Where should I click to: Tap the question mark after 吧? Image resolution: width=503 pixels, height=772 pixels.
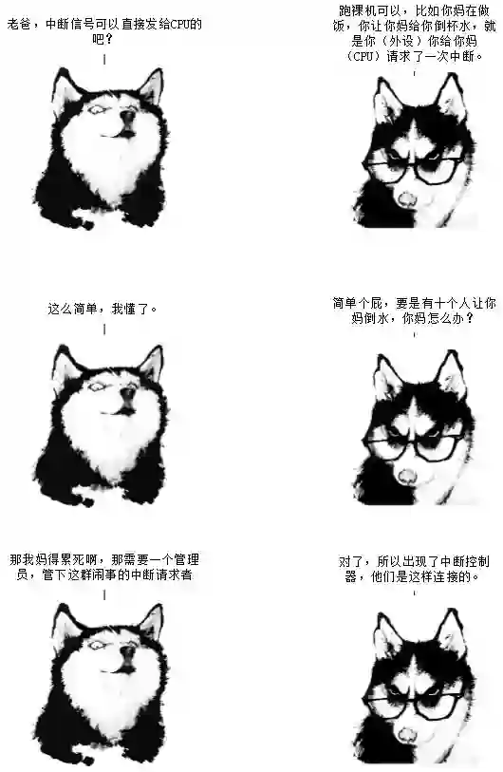[110, 39]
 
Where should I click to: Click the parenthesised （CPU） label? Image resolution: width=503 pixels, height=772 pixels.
[364, 56]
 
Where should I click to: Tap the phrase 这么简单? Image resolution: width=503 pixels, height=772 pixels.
[73, 309]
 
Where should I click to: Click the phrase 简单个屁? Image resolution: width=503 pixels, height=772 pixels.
[358, 303]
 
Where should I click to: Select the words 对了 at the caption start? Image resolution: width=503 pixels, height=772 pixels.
[351, 561]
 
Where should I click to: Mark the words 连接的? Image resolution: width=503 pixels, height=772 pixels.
[453, 576]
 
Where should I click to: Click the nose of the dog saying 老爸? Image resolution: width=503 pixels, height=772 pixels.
[128, 116]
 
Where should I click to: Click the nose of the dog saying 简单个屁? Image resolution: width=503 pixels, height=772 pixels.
[407, 475]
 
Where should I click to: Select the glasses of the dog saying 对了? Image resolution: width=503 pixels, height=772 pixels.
[415, 704]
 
